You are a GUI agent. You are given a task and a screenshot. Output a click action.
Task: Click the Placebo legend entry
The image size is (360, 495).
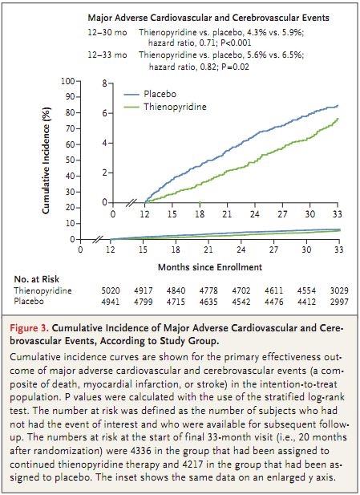pyautogui.click(x=150, y=94)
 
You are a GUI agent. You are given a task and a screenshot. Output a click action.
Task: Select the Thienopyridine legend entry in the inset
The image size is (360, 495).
pyautogui.click(x=164, y=107)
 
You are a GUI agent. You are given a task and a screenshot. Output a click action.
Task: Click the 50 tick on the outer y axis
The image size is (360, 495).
pyautogui.click(x=71, y=160)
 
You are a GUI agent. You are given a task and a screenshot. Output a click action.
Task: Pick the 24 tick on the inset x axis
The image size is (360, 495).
pyautogui.click(x=255, y=214)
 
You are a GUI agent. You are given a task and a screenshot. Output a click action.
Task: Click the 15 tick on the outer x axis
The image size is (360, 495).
pyautogui.click(x=143, y=250)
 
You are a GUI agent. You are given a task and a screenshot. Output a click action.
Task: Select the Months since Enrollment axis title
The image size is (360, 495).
pyautogui.click(x=210, y=267)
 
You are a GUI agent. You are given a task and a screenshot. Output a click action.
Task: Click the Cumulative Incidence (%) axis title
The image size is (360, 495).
pyautogui.click(x=46, y=160)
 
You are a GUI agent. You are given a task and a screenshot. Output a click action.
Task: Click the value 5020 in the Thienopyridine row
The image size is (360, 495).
pyautogui.click(x=111, y=290)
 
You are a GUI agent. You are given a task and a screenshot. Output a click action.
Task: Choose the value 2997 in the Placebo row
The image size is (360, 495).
pyautogui.click(x=339, y=302)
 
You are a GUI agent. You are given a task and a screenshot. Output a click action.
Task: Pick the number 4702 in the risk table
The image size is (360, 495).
pyautogui.click(x=241, y=290)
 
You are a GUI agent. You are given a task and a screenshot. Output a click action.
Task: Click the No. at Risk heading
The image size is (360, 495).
pyautogui.click(x=37, y=279)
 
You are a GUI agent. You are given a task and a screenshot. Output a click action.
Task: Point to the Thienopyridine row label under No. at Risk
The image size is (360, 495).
pyautogui.click(x=42, y=290)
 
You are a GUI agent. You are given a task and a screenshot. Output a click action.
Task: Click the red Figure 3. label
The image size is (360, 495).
pyautogui.click(x=29, y=328)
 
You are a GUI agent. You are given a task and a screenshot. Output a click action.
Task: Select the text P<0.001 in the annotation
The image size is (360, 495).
pyautogui.click(x=236, y=43)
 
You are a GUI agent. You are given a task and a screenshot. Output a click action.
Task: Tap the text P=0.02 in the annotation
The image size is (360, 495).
pyautogui.click(x=234, y=67)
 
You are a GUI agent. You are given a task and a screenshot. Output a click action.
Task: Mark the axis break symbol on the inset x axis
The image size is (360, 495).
pyautogui.click(x=131, y=203)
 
